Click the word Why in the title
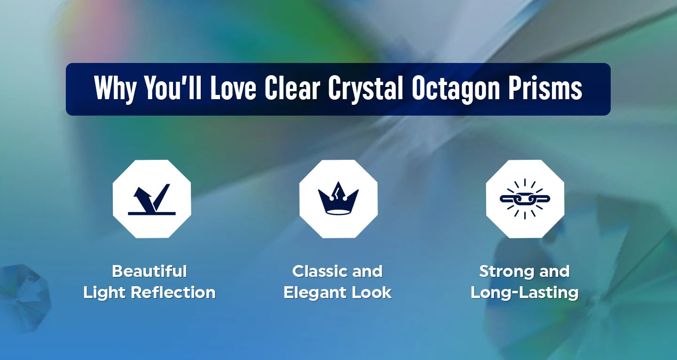click(x=115, y=89)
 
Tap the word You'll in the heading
click(x=173, y=87)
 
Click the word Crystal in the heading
click(x=365, y=89)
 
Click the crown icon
click(x=338, y=198)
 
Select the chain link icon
click(x=525, y=199)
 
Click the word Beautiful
click(x=150, y=271)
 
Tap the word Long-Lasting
click(x=525, y=293)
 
